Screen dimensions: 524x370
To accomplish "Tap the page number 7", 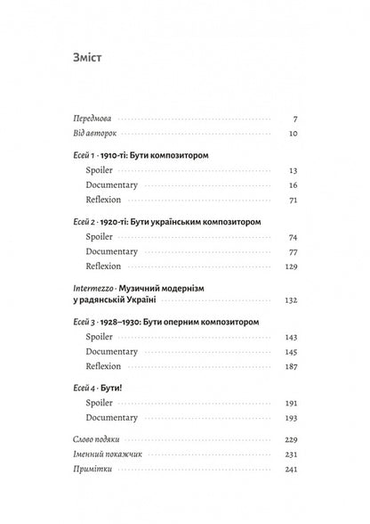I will tap(294, 118).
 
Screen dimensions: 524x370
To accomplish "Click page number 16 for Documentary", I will tap(292, 184).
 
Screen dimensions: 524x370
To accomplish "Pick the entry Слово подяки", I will tap(97, 438).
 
